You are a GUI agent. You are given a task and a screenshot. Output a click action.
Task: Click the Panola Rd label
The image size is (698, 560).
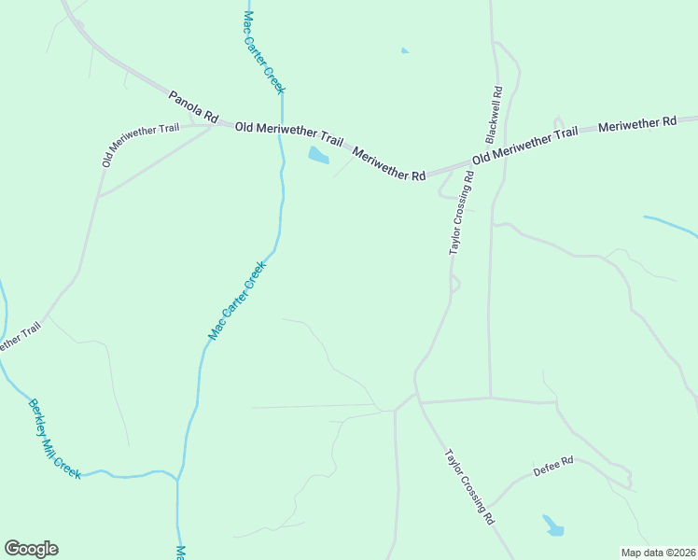tap(193, 107)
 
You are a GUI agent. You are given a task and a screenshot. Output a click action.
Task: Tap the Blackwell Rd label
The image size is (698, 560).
tap(496, 112)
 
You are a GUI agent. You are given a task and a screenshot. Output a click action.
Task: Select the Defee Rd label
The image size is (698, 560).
tap(553, 465)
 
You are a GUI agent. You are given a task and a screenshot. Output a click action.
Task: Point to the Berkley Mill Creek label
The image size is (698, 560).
tap(54, 439)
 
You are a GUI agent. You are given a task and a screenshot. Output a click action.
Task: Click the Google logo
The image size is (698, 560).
tap(31, 549)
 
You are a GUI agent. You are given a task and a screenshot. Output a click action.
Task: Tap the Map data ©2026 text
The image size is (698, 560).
tap(658, 553)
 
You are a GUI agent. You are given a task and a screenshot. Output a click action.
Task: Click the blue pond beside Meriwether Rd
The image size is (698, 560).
tap(318, 155)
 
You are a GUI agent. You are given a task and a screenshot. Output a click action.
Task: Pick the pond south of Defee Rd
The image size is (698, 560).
tap(553, 526)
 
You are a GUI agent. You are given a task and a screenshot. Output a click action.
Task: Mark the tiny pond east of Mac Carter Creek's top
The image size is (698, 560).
tap(404, 50)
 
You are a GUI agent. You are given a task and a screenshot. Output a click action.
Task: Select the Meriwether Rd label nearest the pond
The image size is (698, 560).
tap(389, 161)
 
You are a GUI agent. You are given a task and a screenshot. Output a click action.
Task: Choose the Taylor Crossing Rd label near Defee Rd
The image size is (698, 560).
tap(468, 486)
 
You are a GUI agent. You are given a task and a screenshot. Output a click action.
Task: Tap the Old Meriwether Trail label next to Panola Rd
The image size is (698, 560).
tap(289, 132)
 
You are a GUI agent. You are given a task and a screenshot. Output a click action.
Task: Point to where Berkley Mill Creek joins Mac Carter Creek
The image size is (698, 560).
tap(176, 480)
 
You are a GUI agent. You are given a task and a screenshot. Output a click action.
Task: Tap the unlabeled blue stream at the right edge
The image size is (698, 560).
tap(672, 225)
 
